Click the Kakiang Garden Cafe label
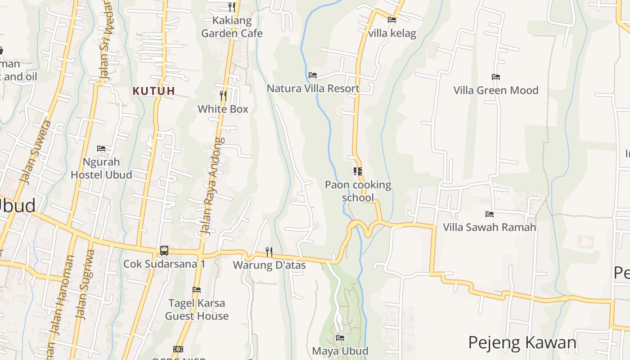(x=232, y=27)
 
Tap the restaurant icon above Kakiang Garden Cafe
(x=232, y=7)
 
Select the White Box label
(x=223, y=109)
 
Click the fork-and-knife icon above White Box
(x=223, y=95)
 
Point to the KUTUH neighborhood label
(x=153, y=91)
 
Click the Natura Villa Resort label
(x=313, y=88)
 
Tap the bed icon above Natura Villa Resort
(x=313, y=75)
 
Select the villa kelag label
(x=392, y=33)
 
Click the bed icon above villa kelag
(x=392, y=20)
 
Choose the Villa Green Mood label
(x=496, y=90)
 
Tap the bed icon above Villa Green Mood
(x=496, y=77)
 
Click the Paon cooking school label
(x=358, y=191)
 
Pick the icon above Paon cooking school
(x=358, y=171)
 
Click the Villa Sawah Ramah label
(x=490, y=227)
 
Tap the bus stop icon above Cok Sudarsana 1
(x=164, y=251)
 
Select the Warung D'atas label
(x=269, y=265)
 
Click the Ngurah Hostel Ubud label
(x=101, y=168)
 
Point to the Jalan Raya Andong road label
(x=212, y=187)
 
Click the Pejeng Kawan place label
(x=522, y=343)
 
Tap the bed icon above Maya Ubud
(x=340, y=337)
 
